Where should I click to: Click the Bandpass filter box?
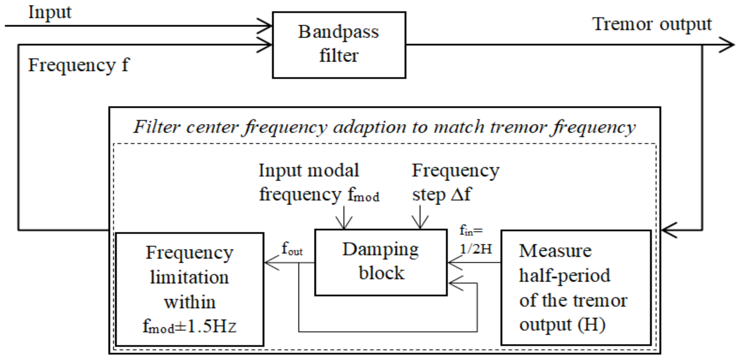(339, 45)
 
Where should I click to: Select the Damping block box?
(381, 262)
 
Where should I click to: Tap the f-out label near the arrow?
(292, 249)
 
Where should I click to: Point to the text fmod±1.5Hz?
(190, 327)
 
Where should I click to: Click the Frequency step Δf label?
(455, 182)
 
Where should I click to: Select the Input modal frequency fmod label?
(319, 182)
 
